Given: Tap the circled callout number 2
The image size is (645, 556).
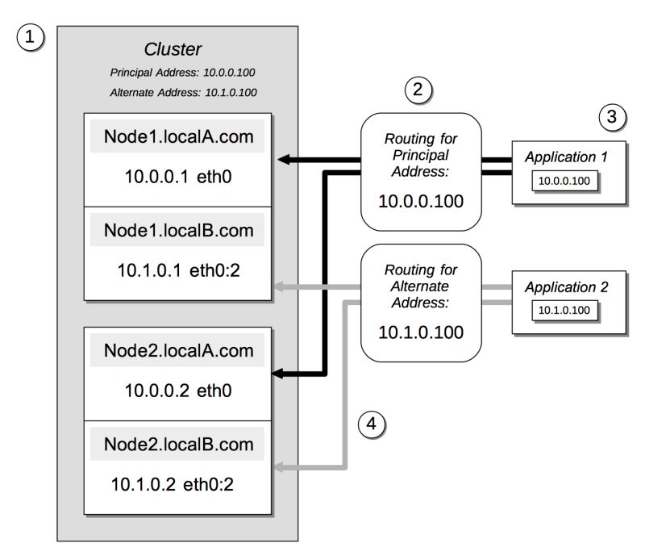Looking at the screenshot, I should coord(418,90).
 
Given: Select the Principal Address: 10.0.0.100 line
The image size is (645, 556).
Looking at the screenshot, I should coord(183,73).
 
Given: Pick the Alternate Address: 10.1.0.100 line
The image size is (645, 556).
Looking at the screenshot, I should coord(183,92).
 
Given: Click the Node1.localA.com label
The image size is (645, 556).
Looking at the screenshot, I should coord(178,136).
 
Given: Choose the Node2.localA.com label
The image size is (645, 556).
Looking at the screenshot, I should coord(178,351).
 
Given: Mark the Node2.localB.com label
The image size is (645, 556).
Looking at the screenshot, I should coord(178,444).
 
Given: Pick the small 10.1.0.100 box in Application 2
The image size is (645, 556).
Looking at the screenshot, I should coord(565,310).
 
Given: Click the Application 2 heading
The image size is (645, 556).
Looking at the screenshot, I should coord(565,286).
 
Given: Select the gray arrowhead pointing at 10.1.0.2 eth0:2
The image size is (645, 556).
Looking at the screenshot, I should coord(280,467).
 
